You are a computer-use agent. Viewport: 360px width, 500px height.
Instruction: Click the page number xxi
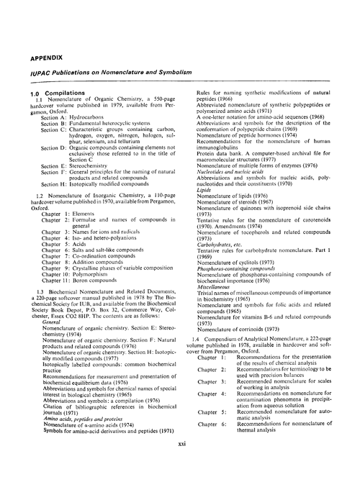coord(182,424)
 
